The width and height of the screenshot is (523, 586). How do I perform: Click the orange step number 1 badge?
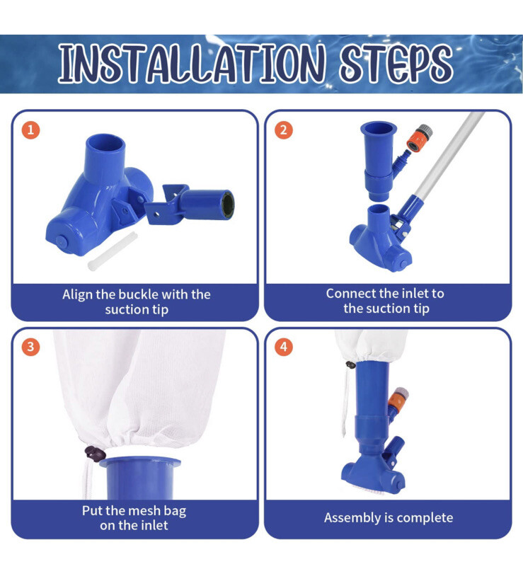(x=30, y=130)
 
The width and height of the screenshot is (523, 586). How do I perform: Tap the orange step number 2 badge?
(x=284, y=130)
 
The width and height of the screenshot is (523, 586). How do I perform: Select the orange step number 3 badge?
(x=30, y=347)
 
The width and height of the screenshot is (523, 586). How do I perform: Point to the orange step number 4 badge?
(x=284, y=347)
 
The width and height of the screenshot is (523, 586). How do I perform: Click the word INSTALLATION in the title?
(x=191, y=63)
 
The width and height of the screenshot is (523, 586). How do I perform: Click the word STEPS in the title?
(x=396, y=63)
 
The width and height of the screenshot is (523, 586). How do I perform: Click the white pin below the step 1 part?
(x=113, y=251)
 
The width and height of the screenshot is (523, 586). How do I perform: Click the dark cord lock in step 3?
(x=95, y=454)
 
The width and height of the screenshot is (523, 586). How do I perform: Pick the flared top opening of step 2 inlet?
(x=379, y=129)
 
